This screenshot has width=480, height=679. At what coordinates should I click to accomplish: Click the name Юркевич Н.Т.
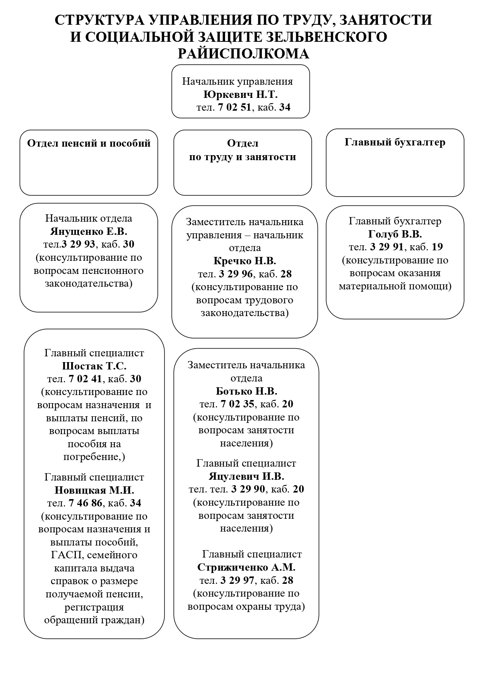pos(240,95)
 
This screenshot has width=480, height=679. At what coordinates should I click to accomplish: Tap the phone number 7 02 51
pos(234,108)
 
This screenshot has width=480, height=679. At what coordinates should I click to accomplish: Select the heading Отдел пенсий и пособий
pos(89,144)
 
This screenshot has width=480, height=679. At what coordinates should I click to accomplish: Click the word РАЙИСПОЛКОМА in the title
pos(243,54)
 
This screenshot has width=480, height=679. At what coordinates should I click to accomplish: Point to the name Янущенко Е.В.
pos(89,231)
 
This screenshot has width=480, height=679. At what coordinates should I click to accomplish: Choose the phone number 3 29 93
pos(79,245)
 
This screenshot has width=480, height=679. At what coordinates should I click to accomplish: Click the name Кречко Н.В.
pos(244,261)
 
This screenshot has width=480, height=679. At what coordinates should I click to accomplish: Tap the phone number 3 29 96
pos(236,274)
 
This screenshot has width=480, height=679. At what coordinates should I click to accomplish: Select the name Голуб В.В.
pos(395,234)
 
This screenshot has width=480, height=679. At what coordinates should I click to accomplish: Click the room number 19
pos(437,247)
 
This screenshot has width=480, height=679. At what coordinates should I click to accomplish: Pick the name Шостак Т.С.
pos(94,366)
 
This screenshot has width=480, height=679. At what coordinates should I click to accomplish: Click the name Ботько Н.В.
pos(246,391)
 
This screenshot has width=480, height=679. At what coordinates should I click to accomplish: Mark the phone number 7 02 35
pos(237,404)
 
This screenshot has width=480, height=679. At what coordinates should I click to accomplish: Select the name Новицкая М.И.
pos(94,490)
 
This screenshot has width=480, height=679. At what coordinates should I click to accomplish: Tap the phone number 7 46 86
pos(85,503)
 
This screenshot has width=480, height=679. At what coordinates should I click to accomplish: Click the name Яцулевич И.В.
pos(246,476)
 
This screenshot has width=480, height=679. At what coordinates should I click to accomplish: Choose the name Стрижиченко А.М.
pos(246,568)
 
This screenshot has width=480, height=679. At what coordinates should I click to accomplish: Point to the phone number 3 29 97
pos(237,581)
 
